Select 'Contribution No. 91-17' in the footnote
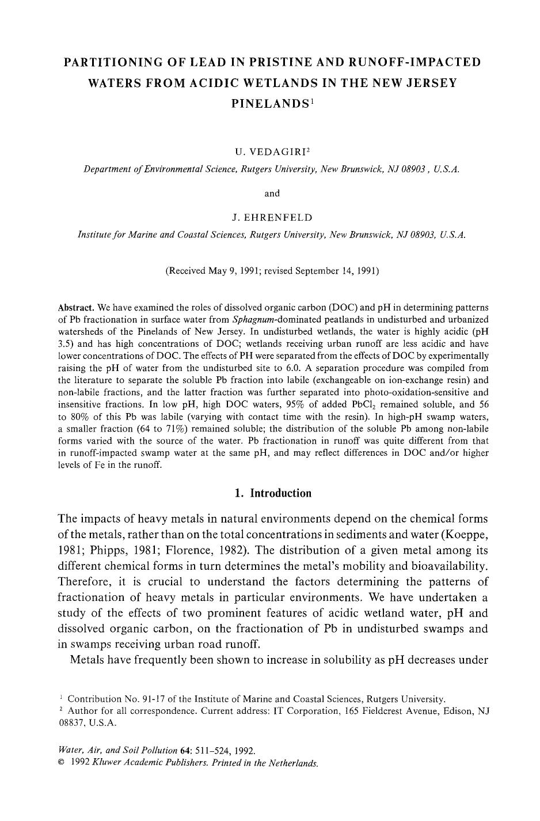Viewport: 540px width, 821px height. coord(113,699)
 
